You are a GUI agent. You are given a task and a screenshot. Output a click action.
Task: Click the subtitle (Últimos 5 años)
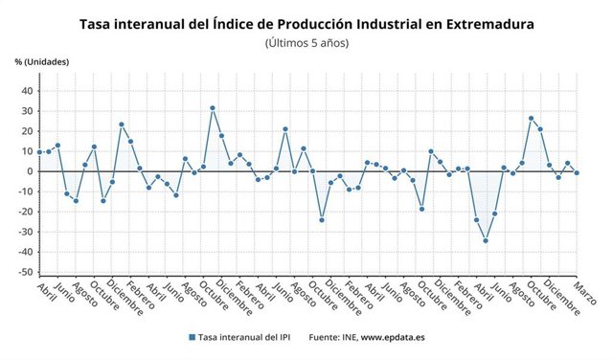306,42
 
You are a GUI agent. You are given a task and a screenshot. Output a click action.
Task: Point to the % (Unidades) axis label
42,62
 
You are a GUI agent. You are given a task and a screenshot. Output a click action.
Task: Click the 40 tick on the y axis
28,91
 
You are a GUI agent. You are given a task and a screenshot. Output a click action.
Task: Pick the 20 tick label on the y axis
28,131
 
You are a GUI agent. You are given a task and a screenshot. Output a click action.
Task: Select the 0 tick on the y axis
31,171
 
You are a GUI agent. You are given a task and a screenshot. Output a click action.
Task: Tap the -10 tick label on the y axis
26,191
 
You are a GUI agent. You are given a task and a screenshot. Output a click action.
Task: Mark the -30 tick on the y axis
26,232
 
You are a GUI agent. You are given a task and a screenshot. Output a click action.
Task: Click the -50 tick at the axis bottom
26,272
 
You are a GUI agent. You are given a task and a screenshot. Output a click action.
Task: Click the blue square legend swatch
193,337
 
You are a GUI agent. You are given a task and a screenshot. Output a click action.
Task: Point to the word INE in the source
351,337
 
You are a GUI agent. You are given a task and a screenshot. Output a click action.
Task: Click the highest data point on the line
212,108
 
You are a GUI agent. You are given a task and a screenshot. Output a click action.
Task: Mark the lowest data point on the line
486,240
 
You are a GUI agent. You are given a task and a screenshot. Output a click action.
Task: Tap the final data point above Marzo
577,172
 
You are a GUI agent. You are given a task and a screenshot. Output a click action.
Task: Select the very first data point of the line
39,152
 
